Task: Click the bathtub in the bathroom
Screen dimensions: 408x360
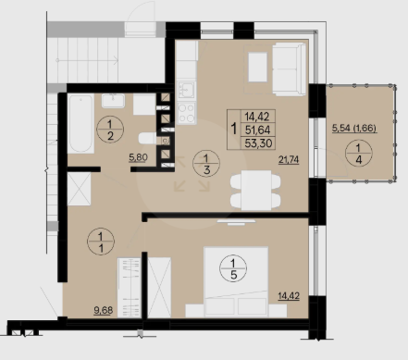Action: (80, 123)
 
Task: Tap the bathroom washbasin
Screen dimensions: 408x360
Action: (113, 101)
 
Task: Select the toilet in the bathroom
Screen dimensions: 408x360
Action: (147, 139)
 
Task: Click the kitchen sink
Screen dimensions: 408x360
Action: (187, 90)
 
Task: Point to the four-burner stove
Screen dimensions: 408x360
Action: (187, 113)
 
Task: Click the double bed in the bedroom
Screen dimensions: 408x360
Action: (236, 281)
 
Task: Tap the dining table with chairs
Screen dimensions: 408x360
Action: (255, 190)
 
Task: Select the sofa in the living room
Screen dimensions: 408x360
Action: (289, 69)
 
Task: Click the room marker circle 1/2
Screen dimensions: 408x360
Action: (110, 130)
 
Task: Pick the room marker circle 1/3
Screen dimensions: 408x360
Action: (206, 164)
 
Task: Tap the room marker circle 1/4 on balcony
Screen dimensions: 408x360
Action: (359, 153)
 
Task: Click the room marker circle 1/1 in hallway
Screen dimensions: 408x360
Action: (101, 242)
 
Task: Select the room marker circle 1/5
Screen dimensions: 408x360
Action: (233, 268)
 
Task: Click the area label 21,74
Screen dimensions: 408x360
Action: (289, 160)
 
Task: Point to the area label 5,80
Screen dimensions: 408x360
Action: (138, 157)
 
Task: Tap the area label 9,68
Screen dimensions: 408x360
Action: (104, 310)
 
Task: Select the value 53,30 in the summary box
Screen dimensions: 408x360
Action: (258, 143)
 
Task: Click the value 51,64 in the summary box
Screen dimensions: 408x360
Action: (257, 130)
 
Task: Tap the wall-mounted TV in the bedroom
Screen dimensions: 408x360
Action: (236, 222)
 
